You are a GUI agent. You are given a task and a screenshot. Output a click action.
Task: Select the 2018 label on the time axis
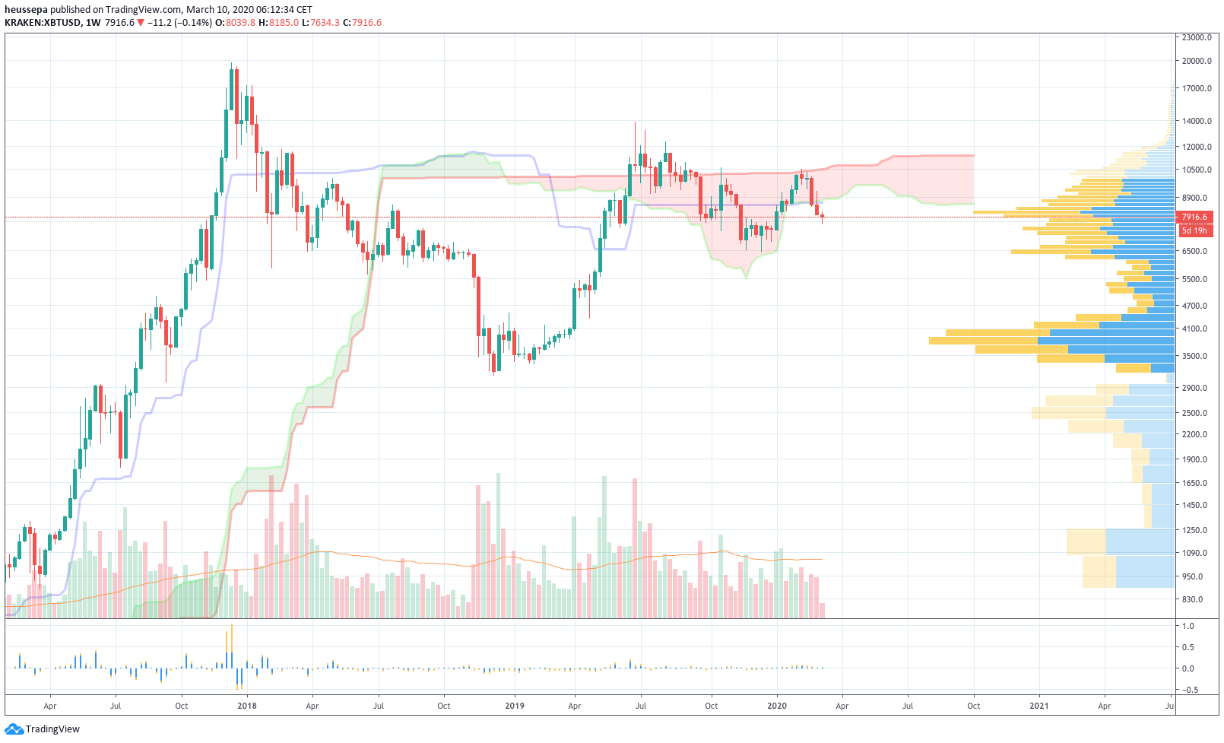pyautogui.click(x=246, y=706)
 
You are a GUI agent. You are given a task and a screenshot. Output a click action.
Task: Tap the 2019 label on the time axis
pyautogui.click(x=515, y=706)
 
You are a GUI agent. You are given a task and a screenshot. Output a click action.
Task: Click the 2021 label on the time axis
pyautogui.click(x=1038, y=706)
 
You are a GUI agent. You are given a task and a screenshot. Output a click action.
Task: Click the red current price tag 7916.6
pyautogui.click(x=1194, y=218)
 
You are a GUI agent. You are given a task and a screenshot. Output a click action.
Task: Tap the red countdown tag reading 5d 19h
pyautogui.click(x=1194, y=230)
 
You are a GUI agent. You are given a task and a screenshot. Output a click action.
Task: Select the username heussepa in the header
pyautogui.click(x=26, y=10)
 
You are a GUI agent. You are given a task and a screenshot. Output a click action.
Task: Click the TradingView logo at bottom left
pyautogui.click(x=43, y=729)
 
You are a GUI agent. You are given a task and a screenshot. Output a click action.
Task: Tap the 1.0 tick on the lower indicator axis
pyautogui.click(x=1188, y=626)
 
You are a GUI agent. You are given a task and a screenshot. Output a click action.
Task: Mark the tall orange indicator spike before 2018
pyautogui.click(x=231, y=637)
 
